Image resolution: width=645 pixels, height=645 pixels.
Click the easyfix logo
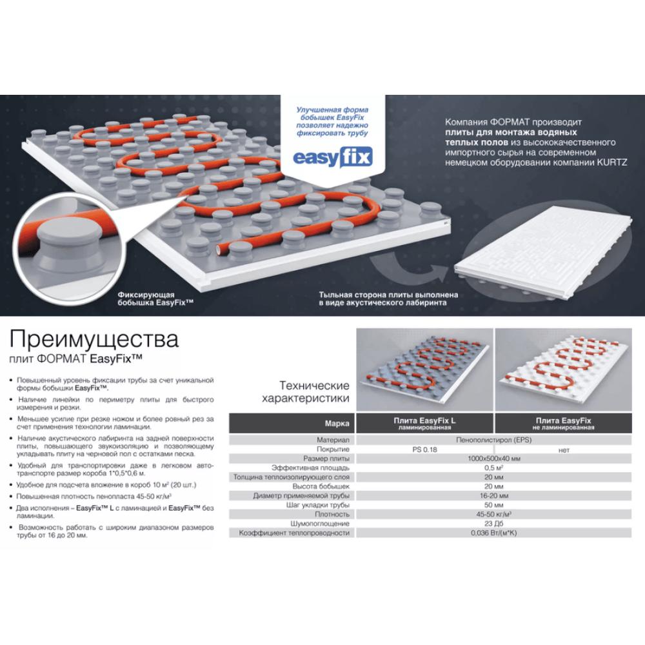(332, 157)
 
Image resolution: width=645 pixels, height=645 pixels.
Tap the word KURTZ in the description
(611, 163)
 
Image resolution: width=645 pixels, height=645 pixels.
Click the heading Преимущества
(94, 339)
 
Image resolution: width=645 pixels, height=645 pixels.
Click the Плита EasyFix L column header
(424, 423)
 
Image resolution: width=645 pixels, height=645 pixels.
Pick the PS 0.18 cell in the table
(424, 450)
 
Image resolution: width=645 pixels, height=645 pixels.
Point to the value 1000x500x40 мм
(493, 459)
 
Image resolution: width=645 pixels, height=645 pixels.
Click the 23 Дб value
(493, 524)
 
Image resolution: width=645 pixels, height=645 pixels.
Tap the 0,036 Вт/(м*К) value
(493, 533)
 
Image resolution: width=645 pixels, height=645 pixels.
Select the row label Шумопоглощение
(320, 524)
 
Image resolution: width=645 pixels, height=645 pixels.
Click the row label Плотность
(332, 515)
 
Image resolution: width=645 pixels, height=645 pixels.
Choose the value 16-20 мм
(493, 495)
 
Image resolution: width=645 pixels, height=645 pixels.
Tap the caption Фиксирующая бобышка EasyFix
(155, 299)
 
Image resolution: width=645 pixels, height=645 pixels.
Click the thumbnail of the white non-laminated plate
(564, 370)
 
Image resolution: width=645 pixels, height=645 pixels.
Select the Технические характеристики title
(306, 392)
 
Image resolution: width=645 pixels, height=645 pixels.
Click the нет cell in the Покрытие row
(564, 450)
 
